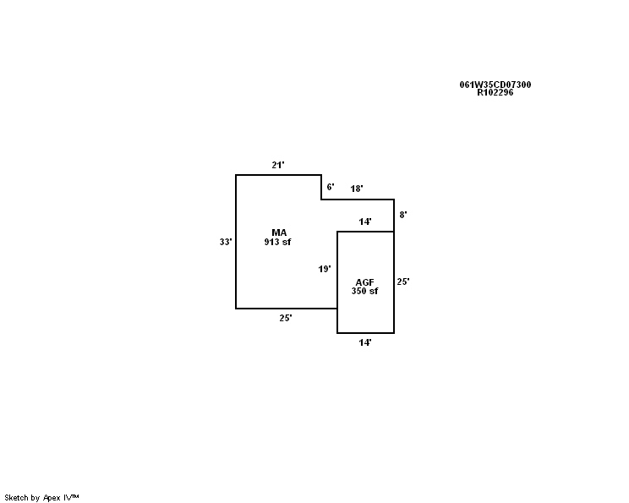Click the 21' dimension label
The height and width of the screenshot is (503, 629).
pyautogui.click(x=278, y=165)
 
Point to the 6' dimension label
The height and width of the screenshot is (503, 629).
pyautogui.click(x=331, y=187)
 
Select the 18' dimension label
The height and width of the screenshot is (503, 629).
pyautogui.click(x=357, y=189)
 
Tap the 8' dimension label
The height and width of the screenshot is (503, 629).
pyautogui.click(x=403, y=215)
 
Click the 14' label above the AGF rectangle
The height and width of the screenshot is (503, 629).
pyautogui.click(x=365, y=221)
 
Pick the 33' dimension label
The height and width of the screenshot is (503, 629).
pyautogui.click(x=226, y=242)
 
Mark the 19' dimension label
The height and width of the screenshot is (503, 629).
pyautogui.click(x=325, y=269)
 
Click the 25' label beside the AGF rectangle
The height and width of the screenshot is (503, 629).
pyautogui.click(x=403, y=282)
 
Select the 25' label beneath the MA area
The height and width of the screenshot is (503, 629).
pyautogui.click(x=286, y=318)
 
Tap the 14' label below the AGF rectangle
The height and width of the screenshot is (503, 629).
pyautogui.click(x=365, y=342)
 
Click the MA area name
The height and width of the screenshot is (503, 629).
pyautogui.click(x=279, y=232)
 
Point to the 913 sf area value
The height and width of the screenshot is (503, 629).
pyautogui.click(x=277, y=242)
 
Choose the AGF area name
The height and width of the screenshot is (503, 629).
pyautogui.click(x=364, y=282)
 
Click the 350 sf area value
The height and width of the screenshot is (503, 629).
pyautogui.click(x=364, y=291)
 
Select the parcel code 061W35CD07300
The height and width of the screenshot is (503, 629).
pyautogui.click(x=495, y=85)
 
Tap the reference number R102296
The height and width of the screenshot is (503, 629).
pyautogui.click(x=495, y=92)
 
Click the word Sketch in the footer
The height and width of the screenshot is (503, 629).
pyautogui.click(x=16, y=498)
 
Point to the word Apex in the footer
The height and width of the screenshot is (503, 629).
pyautogui.click(x=52, y=498)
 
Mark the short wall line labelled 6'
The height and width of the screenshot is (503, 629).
pyautogui.click(x=321, y=187)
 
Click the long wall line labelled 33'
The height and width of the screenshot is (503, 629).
pyautogui.click(x=236, y=242)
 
